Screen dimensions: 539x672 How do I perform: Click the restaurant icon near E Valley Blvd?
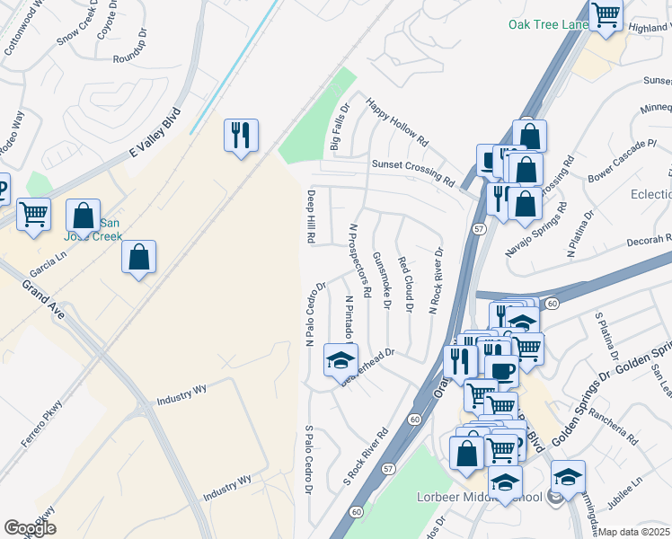[241, 135]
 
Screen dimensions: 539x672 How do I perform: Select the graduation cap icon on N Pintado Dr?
[340, 360]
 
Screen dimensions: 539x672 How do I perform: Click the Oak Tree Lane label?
[548, 24]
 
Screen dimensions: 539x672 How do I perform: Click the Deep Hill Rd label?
[310, 216]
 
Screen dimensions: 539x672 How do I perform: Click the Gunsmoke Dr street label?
[382, 279]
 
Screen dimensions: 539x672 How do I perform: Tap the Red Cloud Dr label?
[404, 285]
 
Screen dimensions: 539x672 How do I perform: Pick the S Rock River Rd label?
[366, 455]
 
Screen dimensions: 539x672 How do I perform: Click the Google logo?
[30, 528]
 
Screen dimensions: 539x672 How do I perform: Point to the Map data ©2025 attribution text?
[634, 532]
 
